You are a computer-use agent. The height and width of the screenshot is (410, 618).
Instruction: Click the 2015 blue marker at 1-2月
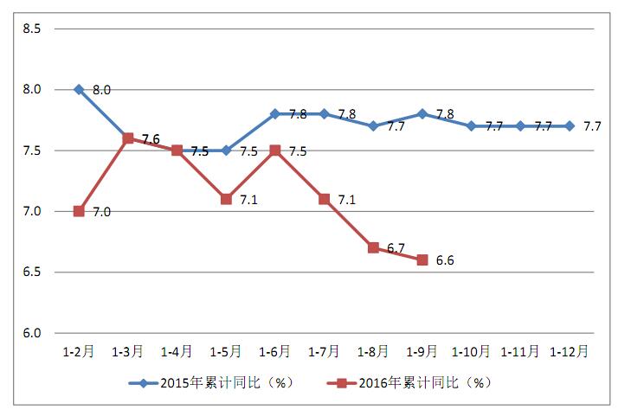pyautogui.click(x=79, y=89)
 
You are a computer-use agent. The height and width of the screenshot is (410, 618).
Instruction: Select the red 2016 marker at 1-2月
pyautogui.click(x=79, y=211)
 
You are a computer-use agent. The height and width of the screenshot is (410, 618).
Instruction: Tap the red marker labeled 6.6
pyautogui.click(x=422, y=259)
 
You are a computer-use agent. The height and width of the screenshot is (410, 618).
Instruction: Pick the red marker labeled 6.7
pyautogui.click(x=373, y=247)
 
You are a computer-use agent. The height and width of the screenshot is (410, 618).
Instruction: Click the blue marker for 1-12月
pyautogui.click(x=570, y=125)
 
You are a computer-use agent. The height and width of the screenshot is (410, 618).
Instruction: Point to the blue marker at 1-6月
pyautogui.click(x=275, y=113)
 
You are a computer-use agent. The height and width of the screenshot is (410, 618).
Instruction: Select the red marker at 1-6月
pyautogui.click(x=275, y=150)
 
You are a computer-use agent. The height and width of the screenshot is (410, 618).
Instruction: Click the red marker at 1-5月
pyautogui.click(x=226, y=199)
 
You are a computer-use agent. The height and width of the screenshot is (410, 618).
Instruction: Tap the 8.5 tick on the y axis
pyautogui.click(x=31, y=29)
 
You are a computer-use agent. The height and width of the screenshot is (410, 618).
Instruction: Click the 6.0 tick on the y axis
pyautogui.click(x=31, y=333)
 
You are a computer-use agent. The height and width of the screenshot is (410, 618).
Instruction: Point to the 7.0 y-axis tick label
pyautogui.click(x=31, y=211)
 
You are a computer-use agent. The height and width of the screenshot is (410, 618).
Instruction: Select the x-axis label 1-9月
pyautogui.click(x=422, y=352)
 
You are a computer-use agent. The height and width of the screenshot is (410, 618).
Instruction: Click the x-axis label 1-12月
pyautogui.click(x=570, y=352)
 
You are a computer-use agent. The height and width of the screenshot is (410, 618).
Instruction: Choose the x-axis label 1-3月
pyautogui.click(x=128, y=352)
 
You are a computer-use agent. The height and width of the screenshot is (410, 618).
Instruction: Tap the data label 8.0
pyautogui.click(x=101, y=89)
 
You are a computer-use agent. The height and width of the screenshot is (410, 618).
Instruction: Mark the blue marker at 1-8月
pyautogui.click(x=373, y=125)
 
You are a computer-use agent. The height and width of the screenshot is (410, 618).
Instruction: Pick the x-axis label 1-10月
pyautogui.click(x=472, y=352)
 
